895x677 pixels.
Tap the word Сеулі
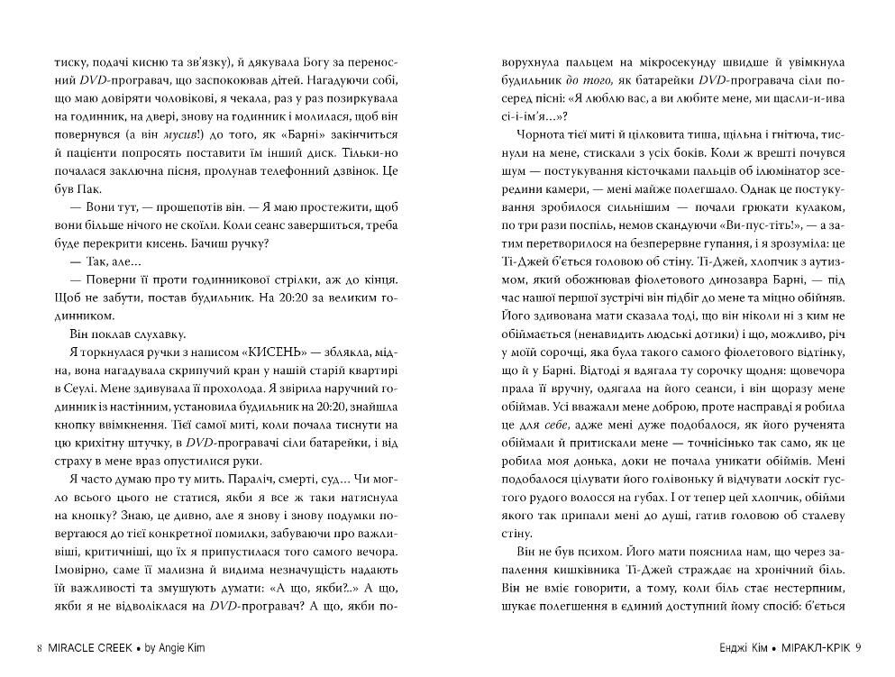point(75,392)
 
